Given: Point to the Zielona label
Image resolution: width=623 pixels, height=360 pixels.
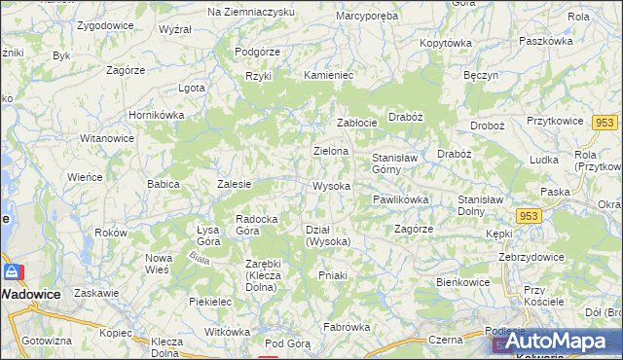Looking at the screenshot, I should point(330,152).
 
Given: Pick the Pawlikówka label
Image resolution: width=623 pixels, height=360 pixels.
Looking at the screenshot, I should point(400,199).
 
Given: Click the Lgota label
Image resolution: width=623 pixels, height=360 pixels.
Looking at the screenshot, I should point(191,88).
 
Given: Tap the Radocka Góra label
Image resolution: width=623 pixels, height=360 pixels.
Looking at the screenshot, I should point(260,225).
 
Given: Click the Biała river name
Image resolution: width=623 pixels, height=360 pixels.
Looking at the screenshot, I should point(202,258).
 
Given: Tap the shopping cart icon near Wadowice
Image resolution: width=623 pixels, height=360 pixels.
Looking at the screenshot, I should point(15,272).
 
